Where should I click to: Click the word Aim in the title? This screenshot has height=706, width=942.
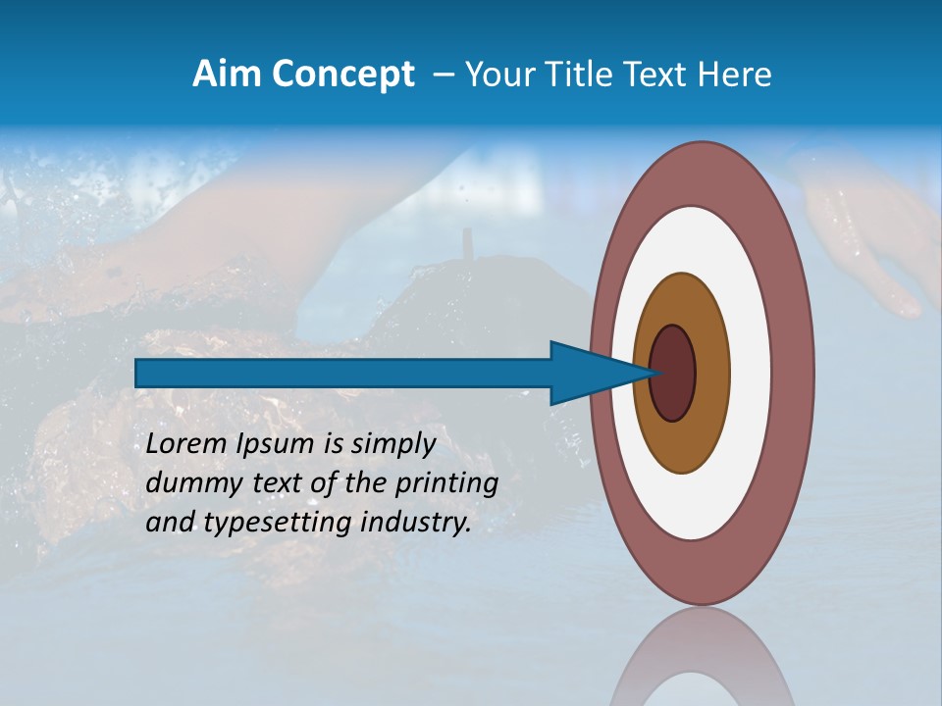(x=227, y=75)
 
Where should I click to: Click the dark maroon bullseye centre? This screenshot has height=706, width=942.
(x=673, y=373)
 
